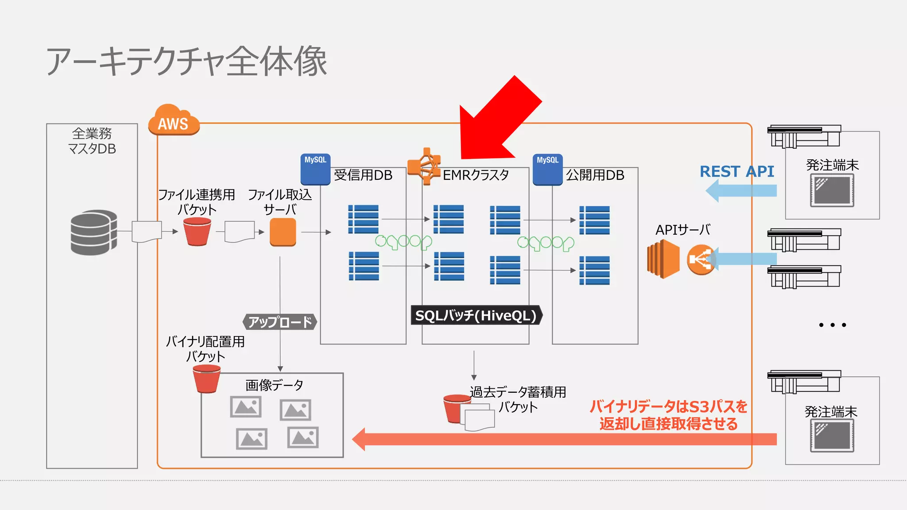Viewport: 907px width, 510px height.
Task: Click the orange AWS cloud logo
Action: coord(174,120)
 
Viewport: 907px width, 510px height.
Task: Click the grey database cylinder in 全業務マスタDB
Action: coord(93,232)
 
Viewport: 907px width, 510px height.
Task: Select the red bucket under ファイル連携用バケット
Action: coord(197,232)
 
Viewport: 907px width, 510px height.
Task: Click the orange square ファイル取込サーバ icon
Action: coord(283,232)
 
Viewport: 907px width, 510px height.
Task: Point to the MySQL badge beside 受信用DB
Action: coord(315,169)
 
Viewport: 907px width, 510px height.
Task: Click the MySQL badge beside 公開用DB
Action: coord(547,169)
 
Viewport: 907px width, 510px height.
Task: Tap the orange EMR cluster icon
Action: coord(424,166)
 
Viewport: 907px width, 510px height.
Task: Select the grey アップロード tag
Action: coord(280,322)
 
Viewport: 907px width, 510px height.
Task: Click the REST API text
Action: coord(736,172)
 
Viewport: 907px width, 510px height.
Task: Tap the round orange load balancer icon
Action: coord(700,260)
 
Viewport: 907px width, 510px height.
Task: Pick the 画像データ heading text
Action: coord(274,385)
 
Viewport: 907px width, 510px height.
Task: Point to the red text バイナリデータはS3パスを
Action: coord(668,406)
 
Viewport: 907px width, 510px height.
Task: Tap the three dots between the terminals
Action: coord(832,325)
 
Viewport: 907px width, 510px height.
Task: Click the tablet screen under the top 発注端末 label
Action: coord(832,190)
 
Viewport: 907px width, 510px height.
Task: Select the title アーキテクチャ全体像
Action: coord(186,62)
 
